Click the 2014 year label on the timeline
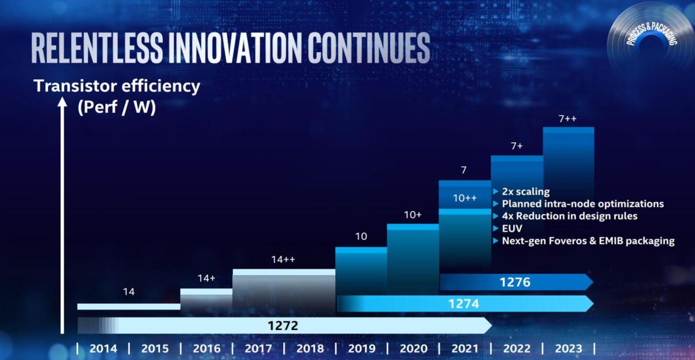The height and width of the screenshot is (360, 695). pyautogui.click(x=103, y=348)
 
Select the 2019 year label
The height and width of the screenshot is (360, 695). pyautogui.click(x=362, y=348)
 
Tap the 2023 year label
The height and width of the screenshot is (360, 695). pyautogui.click(x=568, y=348)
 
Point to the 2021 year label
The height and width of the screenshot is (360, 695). pyautogui.click(x=464, y=348)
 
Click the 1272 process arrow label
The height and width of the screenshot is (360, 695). pyautogui.click(x=283, y=325)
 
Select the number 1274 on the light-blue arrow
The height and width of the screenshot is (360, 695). pyautogui.click(x=463, y=303)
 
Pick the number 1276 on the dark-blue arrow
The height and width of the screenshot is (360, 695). pyautogui.click(x=515, y=282)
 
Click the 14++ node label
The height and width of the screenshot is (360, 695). pyautogui.click(x=283, y=260)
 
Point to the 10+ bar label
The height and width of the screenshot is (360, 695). pyautogui.click(x=413, y=215)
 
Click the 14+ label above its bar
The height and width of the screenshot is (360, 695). pyautogui.click(x=206, y=278)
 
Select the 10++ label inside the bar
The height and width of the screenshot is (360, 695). pyautogui.click(x=464, y=198)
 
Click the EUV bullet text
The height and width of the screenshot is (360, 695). pyautogui.click(x=513, y=229)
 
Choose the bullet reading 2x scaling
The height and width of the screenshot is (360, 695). pyautogui.click(x=525, y=192)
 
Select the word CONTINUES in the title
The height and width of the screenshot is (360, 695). pyautogui.click(x=368, y=47)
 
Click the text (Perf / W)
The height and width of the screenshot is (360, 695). pyautogui.click(x=116, y=108)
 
